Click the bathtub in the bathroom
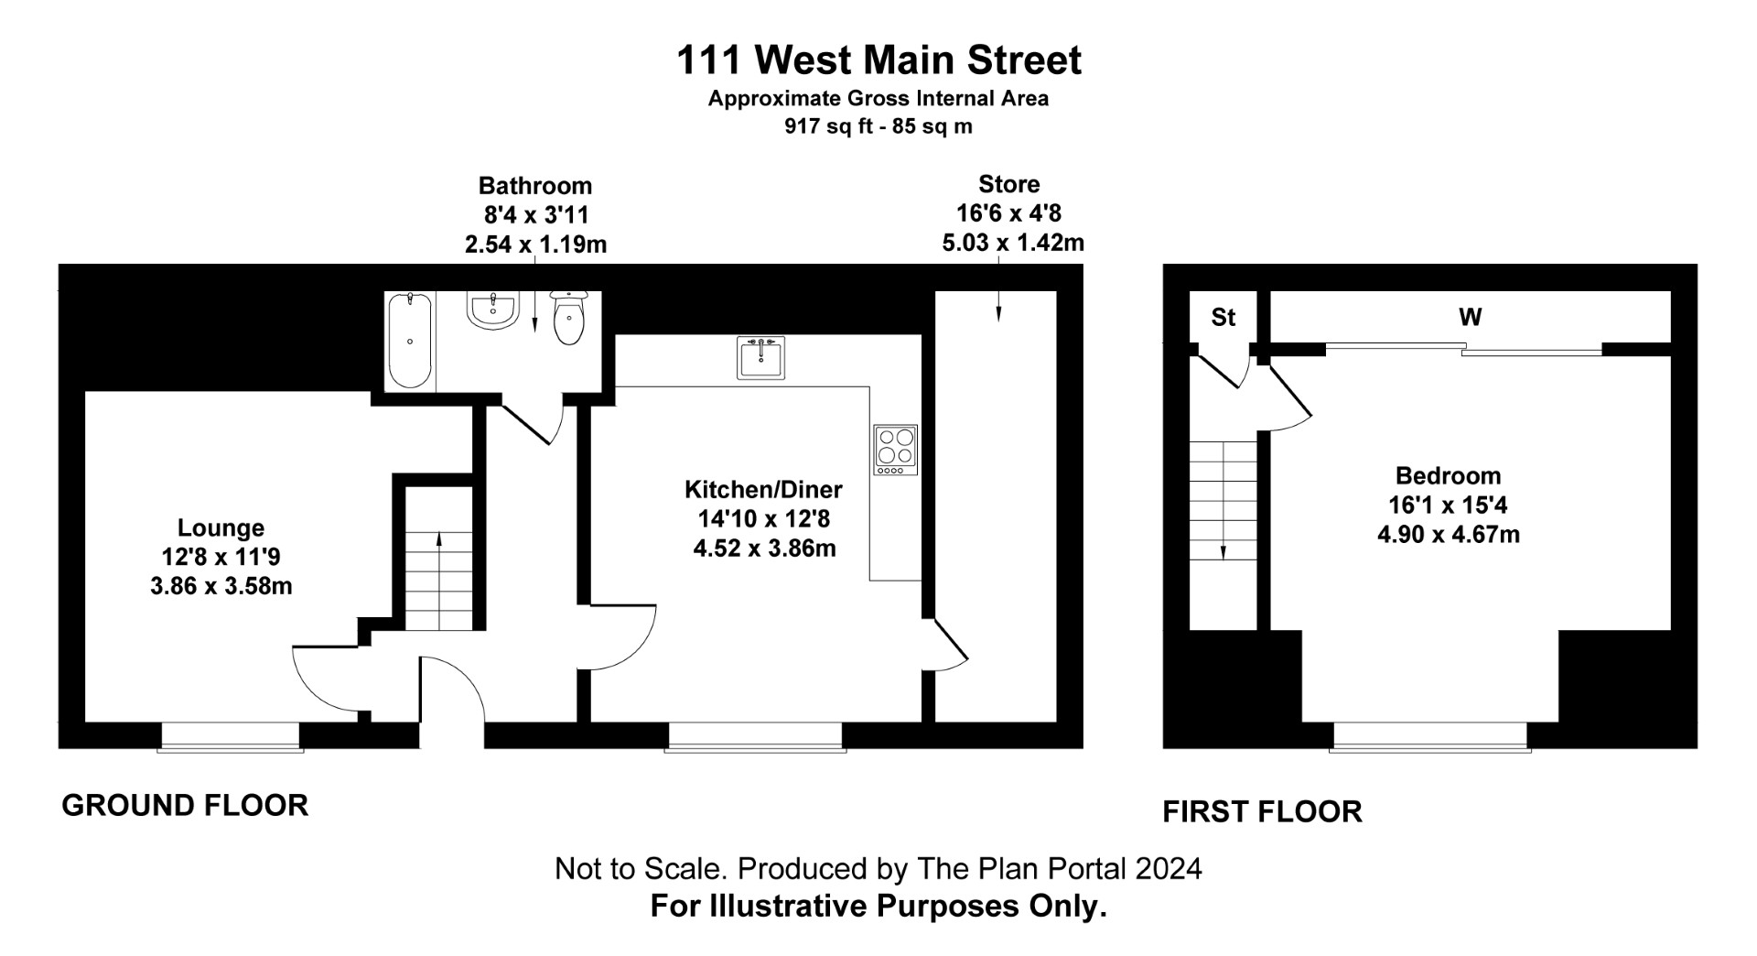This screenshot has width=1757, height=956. tap(409, 341)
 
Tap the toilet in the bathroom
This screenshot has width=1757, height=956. tap(568, 319)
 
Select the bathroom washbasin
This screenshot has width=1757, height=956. tap(493, 310)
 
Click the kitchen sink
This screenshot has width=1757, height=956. tap(760, 357)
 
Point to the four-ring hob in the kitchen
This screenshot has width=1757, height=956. tap(895, 450)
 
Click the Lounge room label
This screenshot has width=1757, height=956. tap(221, 528)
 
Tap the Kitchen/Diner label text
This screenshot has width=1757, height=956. tap(763, 489)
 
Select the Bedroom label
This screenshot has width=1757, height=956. tap(1448, 475)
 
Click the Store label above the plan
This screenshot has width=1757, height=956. tap(1008, 184)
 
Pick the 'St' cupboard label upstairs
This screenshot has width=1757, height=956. tap(1223, 317)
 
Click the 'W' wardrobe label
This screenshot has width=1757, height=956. tap(1470, 317)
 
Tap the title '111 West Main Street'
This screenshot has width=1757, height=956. tap(878, 60)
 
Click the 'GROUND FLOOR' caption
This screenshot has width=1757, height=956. tap(185, 806)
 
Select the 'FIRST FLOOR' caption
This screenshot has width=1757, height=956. tap(1262, 811)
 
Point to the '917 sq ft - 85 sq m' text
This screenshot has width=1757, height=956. tap(878, 127)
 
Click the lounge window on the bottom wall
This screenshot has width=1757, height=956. tap(231, 737)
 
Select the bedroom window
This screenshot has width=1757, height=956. tap(1430, 737)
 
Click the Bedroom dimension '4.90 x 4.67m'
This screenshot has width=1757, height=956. tap(1448, 535)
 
